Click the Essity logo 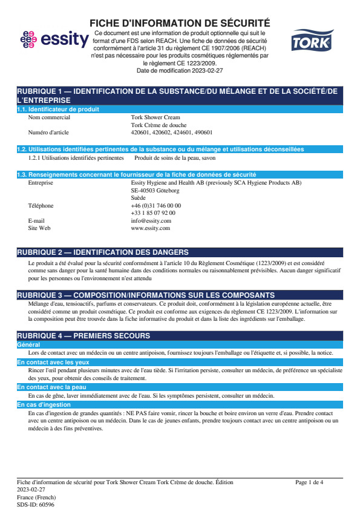point(54,40)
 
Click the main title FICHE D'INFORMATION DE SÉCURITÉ point(180,23)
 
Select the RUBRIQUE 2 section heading point(102,252)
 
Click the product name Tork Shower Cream point(155,117)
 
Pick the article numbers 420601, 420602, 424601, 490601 point(171,132)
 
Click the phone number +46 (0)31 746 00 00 point(155,206)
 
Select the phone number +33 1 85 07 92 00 point(153,213)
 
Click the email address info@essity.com point(151,221)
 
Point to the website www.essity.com point(151,228)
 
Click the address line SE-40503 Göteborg point(155,190)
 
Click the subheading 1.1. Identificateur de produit point(58,110)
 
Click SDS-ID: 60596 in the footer point(35,504)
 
